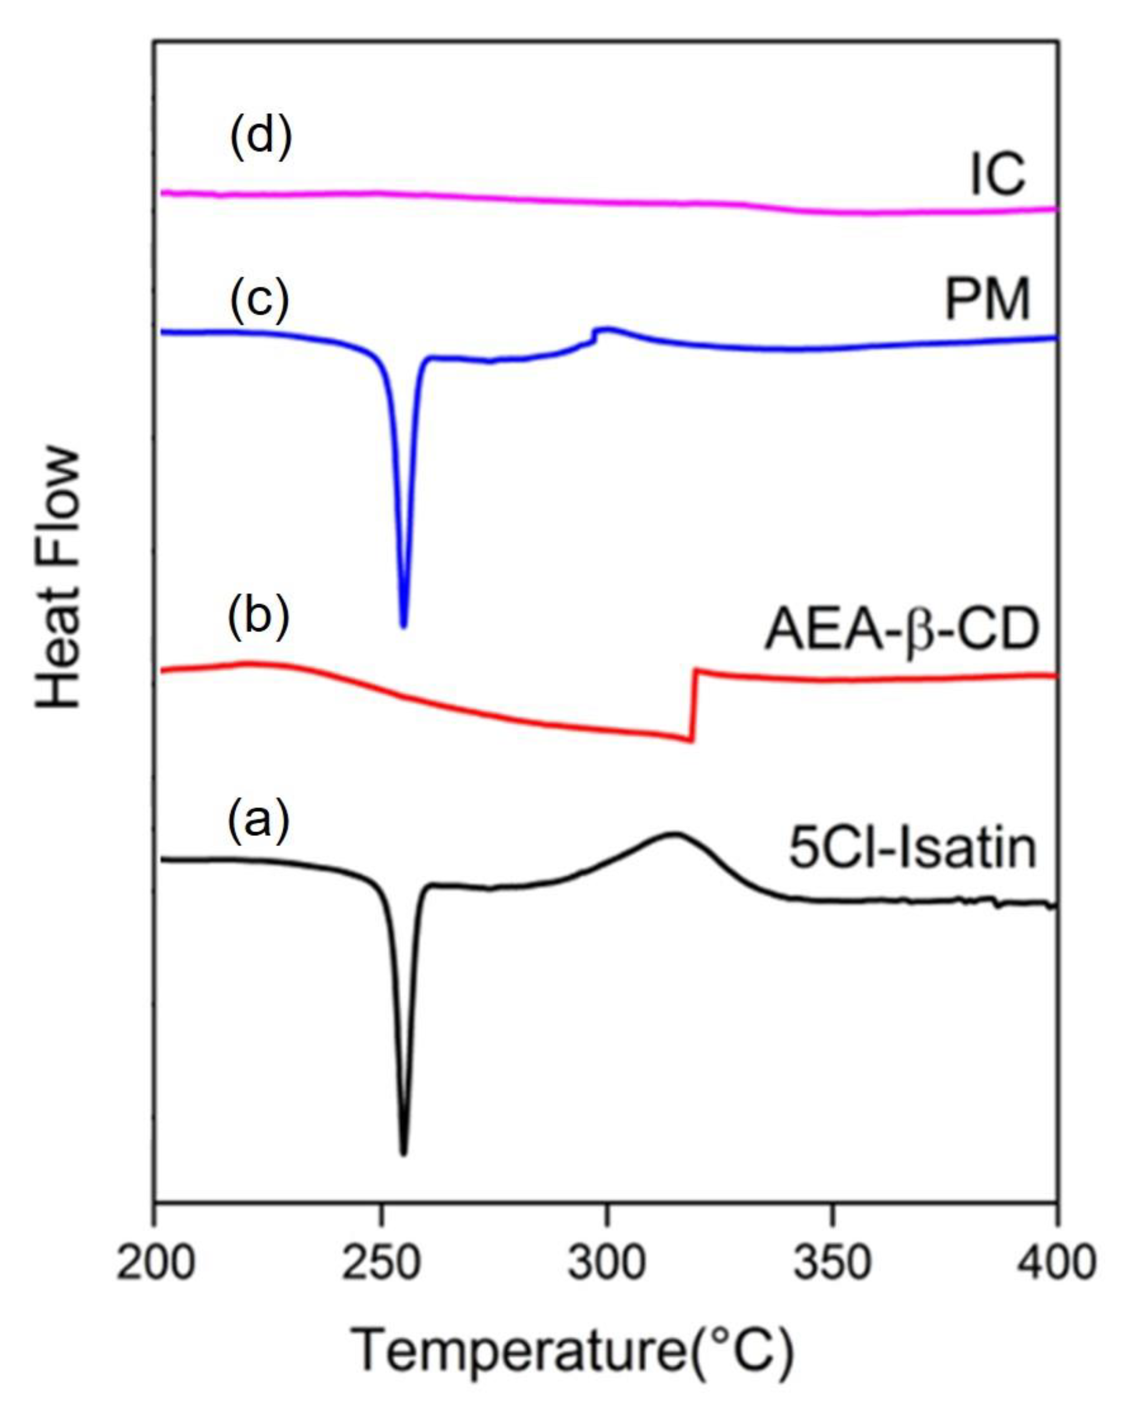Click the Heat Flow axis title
[59, 579]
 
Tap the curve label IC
[997, 175]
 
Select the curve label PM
[987, 301]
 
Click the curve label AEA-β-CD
[902, 630]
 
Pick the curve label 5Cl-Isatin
[913, 848]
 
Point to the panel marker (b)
[258, 618]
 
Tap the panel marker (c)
[259, 301]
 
